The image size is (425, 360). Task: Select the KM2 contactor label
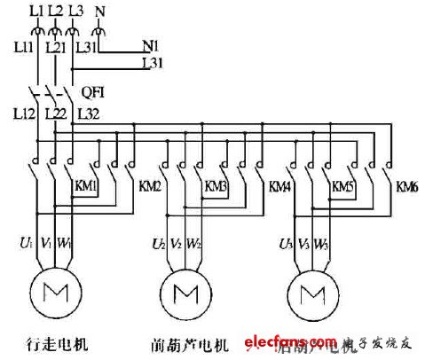150,187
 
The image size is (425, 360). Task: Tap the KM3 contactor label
216,187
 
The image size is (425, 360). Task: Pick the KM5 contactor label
343,187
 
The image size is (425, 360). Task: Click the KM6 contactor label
407,187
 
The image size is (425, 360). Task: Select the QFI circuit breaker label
93,90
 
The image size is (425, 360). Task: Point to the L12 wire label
24,113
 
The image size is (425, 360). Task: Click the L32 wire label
90,113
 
